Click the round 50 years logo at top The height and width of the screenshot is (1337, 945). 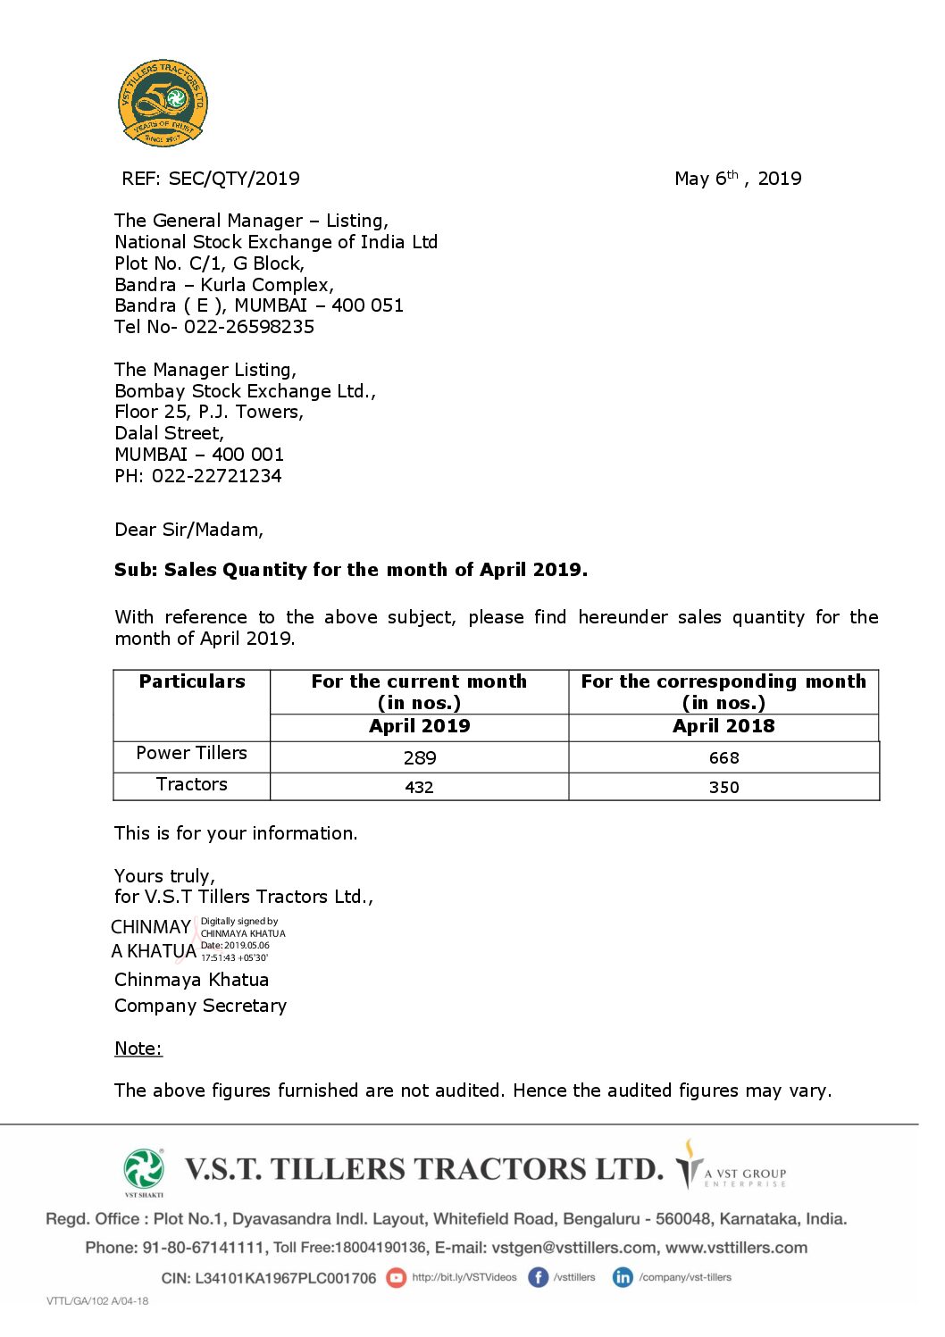click(163, 103)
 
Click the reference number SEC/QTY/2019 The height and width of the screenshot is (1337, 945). click(234, 179)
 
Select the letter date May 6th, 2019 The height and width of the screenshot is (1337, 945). click(738, 179)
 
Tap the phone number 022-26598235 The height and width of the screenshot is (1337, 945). click(249, 327)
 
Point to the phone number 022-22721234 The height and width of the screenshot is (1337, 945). click(216, 476)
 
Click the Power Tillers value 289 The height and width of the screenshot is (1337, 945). click(419, 758)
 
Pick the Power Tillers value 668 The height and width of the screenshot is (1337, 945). click(723, 758)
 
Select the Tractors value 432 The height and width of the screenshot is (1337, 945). click(419, 787)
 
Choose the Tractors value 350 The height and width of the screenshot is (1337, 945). click(723, 787)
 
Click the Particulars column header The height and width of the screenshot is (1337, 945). click(192, 681)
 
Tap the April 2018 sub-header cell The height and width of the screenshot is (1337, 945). click(723, 726)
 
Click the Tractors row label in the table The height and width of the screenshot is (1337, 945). click(192, 784)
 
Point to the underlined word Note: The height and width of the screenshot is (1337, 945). click(138, 1049)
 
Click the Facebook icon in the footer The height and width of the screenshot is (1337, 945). click(538, 1277)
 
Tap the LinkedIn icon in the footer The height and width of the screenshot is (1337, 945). click(623, 1277)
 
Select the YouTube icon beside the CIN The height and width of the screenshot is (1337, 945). click(396, 1278)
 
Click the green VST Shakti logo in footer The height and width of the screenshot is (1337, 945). click(144, 1170)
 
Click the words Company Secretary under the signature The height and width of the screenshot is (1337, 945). click(201, 1006)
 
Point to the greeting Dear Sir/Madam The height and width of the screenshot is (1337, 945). click(188, 530)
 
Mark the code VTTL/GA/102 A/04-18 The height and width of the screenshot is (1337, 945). click(97, 1300)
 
